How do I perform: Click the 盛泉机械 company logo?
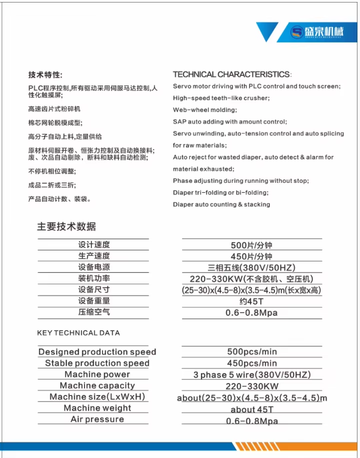(x=317, y=33)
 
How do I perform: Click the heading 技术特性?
(x=45, y=75)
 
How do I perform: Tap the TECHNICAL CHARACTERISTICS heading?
(x=232, y=74)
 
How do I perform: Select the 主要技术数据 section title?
(x=66, y=226)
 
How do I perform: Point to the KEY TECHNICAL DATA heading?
(x=78, y=333)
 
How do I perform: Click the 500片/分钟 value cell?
(x=251, y=245)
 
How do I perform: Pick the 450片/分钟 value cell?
(x=251, y=256)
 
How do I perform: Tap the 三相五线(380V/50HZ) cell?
(x=251, y=268)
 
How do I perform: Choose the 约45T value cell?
(x=251, y=301)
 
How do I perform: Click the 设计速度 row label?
(x=94, y=245)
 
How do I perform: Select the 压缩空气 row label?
(x=94, y=312)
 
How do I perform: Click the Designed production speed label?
(x=97, y=352)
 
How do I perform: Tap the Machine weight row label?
(x=97, y=408)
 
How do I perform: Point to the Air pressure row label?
(x=97, y=419)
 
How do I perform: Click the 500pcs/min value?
(x=252, y=352)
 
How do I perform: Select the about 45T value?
(x=252, y=410)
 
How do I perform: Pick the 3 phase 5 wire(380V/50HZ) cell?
(x=252, y=375)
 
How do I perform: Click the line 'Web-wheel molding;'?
(x=205, y=110)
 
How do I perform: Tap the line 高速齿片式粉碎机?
(x=54, y=109)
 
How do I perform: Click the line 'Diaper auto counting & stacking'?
(x=221, y=204)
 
